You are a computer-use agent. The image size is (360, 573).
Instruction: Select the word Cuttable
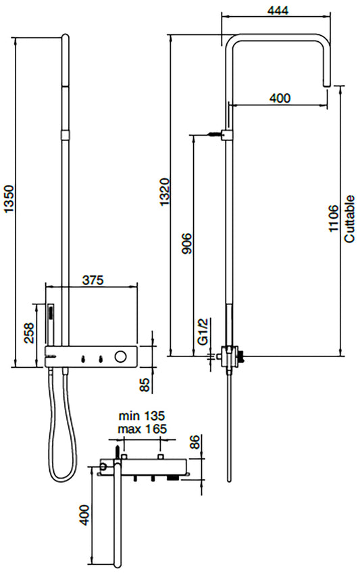coord(349,219)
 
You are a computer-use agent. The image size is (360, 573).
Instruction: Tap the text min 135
coord(142,416)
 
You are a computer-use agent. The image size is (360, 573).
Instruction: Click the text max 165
coord(142,429)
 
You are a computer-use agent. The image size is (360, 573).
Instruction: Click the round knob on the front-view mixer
coord(122,356)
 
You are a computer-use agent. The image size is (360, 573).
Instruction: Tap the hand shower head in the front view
coord(49,314)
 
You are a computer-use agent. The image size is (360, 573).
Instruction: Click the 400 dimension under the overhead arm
coord(280,98)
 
